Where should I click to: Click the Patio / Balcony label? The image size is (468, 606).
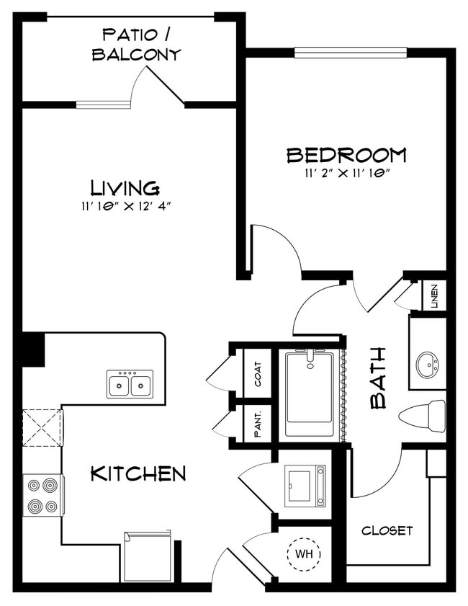pyautogui.click(x=136, y=44)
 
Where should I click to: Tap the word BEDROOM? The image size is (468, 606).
pyautogui.click(x=346, y=155)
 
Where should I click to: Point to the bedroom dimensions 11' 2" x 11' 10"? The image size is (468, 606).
pyautogui.click(x=346, y=173)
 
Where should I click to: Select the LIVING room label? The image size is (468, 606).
pyautogui.click(x=125, y=188)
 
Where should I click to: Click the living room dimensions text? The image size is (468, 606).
pyautogui.click(x=125, y=206)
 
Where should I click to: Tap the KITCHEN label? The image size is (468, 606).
pyautogui.click(x=138, y=473)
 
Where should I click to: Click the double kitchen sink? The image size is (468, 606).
pyautogui.click(x=130, y=384)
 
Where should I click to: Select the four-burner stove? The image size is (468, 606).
pyautogui.click(x=43, y=495)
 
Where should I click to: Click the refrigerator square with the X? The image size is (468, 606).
pyautogui.click(x=42, y=427)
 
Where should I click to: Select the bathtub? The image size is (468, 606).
pyautogui.click(x=310, y=393)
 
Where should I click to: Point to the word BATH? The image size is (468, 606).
pyautogui.click(x=378, y=378)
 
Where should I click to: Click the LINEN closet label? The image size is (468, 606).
pyautogui.click(x=435, y=296)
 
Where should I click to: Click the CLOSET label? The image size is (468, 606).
pyautogui.click(x=387, y=531)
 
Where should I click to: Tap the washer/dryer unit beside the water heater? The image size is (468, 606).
pyautogui.click(x=305, y=486)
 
